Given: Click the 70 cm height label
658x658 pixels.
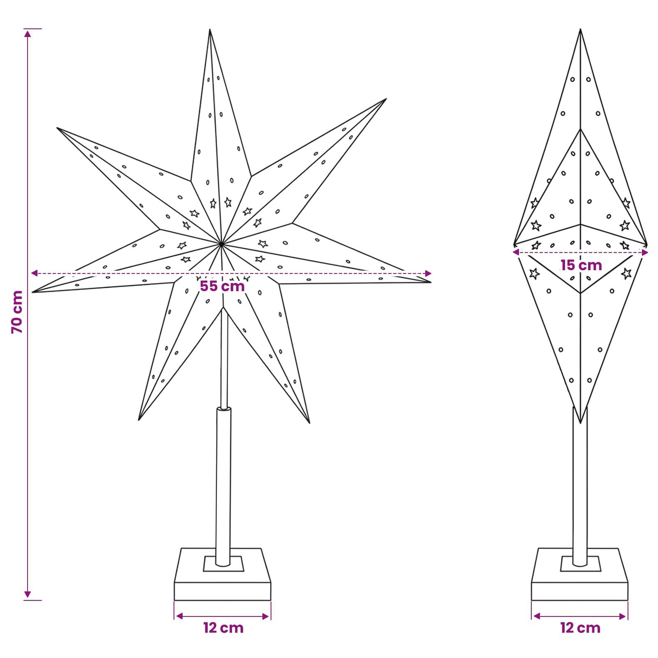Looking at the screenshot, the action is point(17,312).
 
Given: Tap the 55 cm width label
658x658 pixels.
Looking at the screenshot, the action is point(222,286).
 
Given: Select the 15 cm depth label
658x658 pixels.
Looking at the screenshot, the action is point(581,265).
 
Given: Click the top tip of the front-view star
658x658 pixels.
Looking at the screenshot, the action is point(210,29).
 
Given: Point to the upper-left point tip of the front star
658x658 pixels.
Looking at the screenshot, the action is point(57,128).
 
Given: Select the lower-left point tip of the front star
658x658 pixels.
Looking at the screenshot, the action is point(138,420).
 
